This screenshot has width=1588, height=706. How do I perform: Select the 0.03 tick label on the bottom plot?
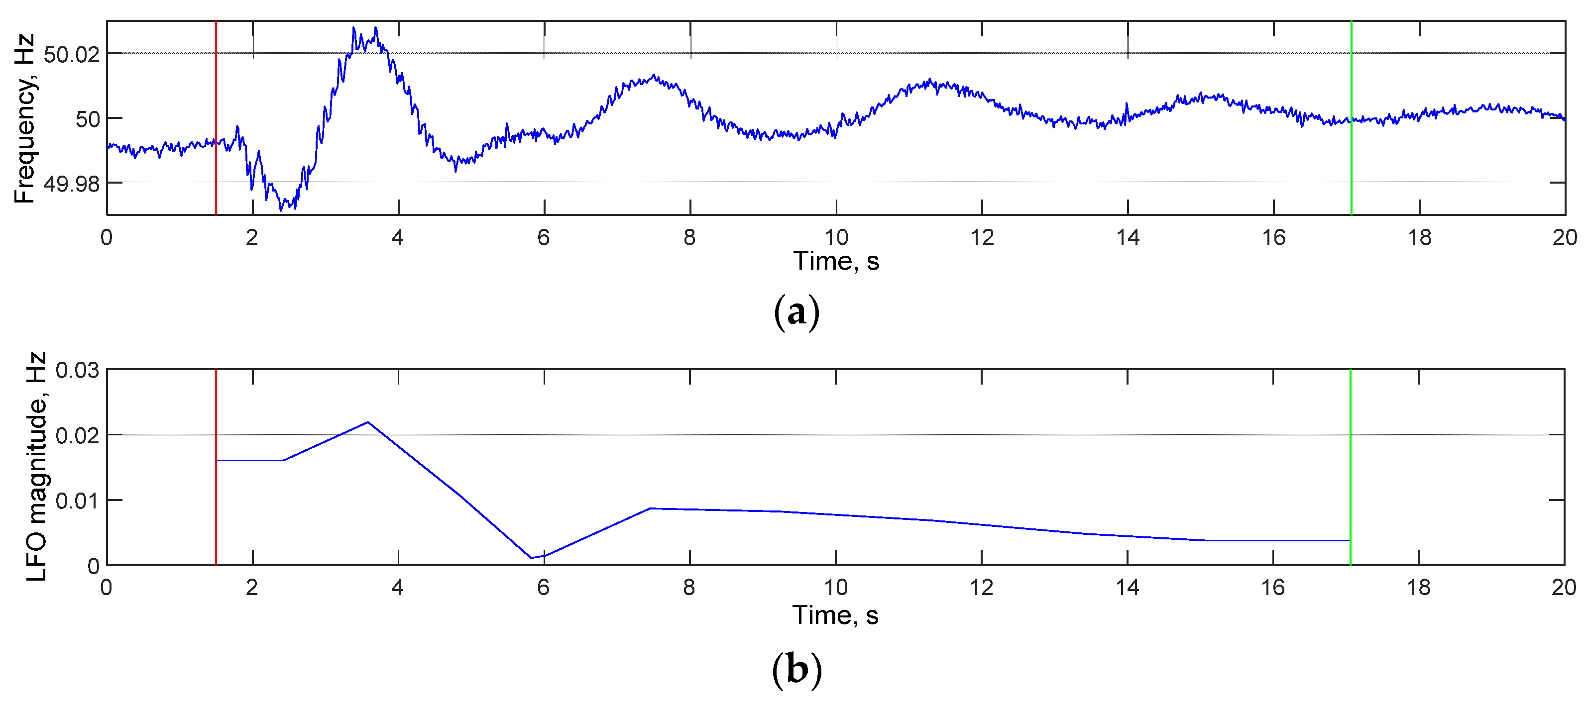(x=77, y=371)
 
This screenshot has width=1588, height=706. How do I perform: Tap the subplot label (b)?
(x=796, y=670)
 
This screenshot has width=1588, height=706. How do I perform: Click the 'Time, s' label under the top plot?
(x=835, y=261)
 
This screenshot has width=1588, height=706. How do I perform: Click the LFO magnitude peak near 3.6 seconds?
(x=368, y=422)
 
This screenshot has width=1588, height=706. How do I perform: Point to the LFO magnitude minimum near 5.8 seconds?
(x=531, y=558)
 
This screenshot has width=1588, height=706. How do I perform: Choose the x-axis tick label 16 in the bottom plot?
(x=1272, y=588)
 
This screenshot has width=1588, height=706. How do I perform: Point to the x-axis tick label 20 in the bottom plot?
(x=1563, y=588)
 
